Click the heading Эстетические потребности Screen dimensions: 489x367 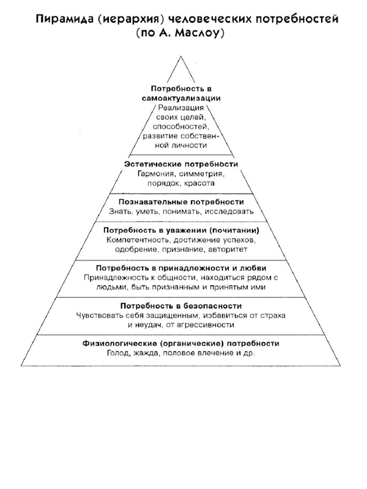[181, 164]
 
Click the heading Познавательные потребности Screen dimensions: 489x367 [181, 201]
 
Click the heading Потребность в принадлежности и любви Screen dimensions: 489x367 [181, 267]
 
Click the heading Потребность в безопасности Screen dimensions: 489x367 [181, 304]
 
